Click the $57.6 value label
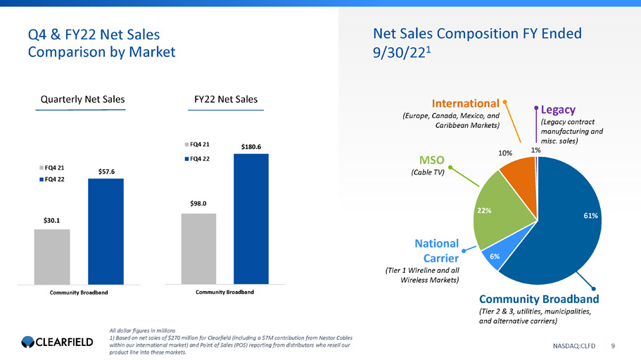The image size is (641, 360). point(105,171)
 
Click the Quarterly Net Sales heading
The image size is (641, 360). point(82,100)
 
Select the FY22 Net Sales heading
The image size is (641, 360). point(226,100)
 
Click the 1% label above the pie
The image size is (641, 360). point(536,150)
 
